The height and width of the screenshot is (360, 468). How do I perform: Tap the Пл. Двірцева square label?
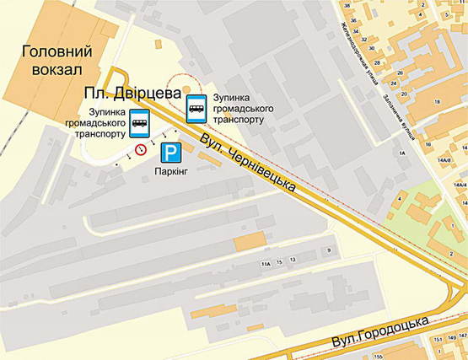(x=132, y=94)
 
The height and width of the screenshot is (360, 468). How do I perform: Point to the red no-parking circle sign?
(x=141, y=150)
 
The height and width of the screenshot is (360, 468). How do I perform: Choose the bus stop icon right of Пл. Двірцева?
(x=196, y=107)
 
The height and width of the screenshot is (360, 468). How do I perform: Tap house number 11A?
(x=266, y=265)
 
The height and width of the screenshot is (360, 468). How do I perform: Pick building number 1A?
(x=402, y=153)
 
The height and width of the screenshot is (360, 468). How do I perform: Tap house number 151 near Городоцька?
(x=437, y=339)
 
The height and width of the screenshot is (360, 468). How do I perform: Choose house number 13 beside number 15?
(x=293, y=261)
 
